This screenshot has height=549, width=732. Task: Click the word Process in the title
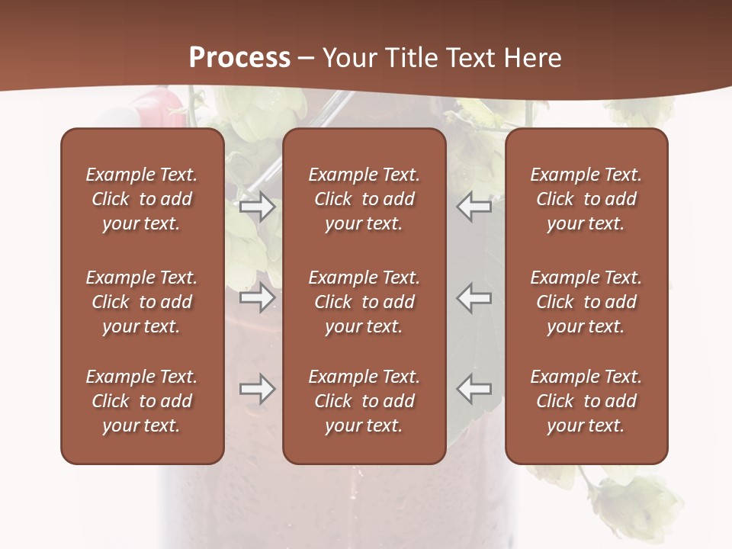coord(239,57)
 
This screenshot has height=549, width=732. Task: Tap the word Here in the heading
coord(533,57)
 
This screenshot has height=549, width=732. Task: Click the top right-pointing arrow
coord(257,207)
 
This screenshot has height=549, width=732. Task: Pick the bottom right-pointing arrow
coord(257,389)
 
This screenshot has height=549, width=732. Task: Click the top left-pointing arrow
coord(474,207)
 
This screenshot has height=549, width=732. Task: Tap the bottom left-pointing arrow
coord(474,389)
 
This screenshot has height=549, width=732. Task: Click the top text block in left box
coord(142,199)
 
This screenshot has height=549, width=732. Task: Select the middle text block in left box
coord(142,302)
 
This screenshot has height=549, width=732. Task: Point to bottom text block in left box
coord(142,401)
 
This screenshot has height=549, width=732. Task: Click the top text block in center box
coord(364,199)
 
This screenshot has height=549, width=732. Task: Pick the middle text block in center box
coord(364,302)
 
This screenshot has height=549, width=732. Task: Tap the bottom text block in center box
coord(364,401)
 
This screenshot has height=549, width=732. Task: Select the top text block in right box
coord(586,199)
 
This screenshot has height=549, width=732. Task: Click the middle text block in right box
coord(586,302)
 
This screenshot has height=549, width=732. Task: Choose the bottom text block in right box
coord(586,401)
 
